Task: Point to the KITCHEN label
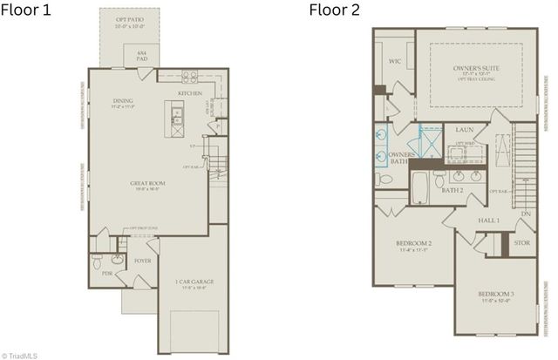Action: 190,92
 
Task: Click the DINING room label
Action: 122,102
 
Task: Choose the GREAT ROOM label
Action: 147,183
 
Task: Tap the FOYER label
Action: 142,260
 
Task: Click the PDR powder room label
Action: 106,273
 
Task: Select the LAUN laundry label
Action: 464,130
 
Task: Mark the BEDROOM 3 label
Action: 496,295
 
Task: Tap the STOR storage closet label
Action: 521,243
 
